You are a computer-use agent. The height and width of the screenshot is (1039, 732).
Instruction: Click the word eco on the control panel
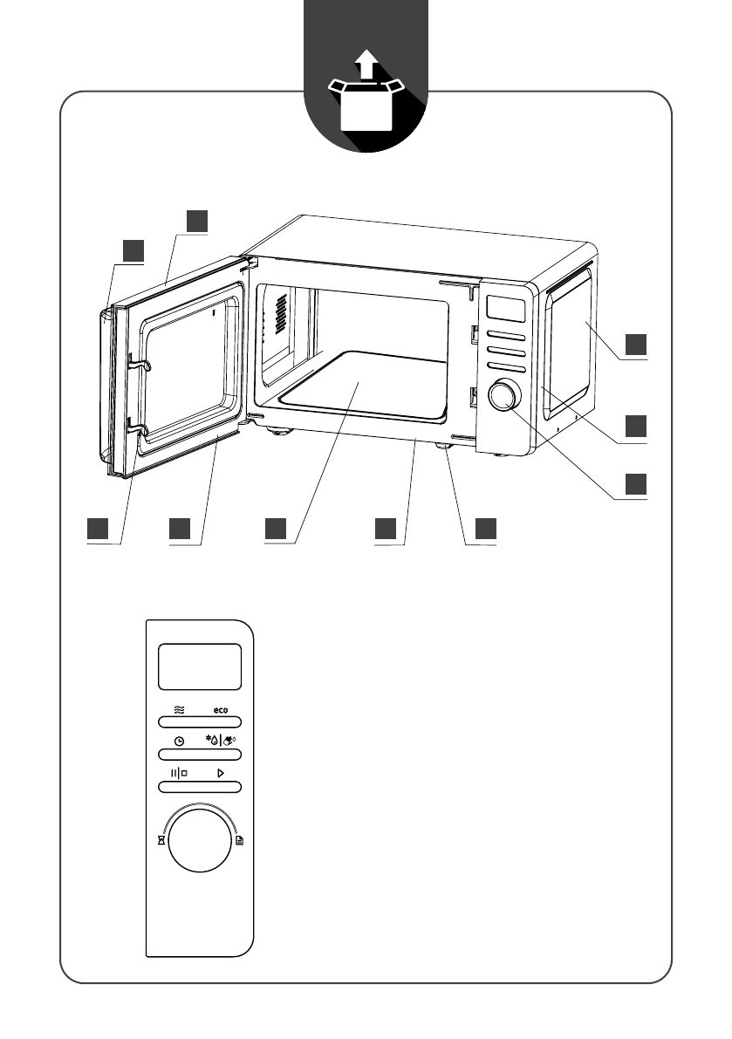click(221, 710)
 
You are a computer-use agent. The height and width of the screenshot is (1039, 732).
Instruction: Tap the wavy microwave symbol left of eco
click(179, 709)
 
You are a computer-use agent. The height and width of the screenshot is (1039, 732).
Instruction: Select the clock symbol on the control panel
click(179, 742)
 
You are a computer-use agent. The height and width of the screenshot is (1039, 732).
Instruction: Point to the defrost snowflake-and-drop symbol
click(212, 740)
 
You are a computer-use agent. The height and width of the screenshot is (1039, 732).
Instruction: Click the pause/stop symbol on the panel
click(179, 773)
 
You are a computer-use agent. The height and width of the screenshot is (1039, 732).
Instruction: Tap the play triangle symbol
click(221, 773)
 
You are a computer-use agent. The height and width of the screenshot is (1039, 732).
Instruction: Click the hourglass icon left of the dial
click(161, 841)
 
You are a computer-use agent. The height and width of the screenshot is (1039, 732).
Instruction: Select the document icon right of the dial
click(240, 841)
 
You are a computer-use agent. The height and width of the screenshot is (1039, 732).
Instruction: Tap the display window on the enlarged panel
click(200, 666)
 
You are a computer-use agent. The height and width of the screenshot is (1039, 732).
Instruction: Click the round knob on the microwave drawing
click(504, 395)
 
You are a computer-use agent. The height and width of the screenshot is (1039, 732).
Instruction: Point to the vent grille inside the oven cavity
click(281, 314)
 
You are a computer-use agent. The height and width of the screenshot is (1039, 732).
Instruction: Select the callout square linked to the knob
click(636, 484)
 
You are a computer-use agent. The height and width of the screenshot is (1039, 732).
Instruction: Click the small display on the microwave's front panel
click(505, 309)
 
